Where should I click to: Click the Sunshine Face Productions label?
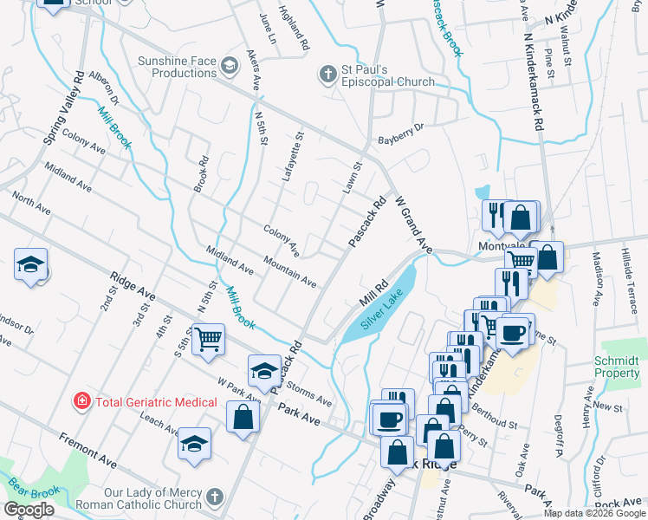coord(177,67)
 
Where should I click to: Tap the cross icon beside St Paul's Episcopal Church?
coord(328,74)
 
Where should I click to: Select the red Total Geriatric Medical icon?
coord(81,401)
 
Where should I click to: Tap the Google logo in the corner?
coord(29,510)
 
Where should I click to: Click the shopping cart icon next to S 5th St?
coord(208,340)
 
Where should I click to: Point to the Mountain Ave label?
coord(289,270)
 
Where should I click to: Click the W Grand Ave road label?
coord(413,224)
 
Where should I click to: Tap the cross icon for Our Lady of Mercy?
coord(214,497)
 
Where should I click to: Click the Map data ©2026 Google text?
coord(594,513)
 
